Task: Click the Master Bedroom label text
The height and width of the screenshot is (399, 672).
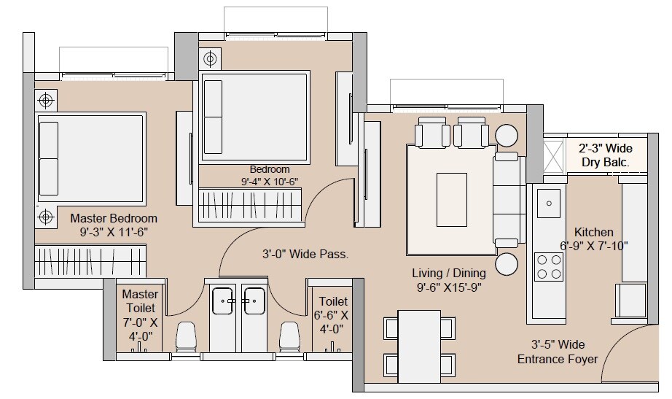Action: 114,218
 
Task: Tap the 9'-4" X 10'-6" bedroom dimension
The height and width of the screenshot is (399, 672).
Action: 270,182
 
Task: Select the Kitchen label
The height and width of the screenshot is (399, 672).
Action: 593,232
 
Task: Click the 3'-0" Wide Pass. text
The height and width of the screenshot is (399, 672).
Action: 305,255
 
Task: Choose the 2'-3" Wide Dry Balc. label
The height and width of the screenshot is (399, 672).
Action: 606,155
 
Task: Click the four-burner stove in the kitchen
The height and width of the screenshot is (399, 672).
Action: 548,266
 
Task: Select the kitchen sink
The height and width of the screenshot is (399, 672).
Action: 548,203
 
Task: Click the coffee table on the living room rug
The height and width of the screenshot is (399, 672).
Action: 451,199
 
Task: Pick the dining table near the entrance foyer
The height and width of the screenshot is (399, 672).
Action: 419,346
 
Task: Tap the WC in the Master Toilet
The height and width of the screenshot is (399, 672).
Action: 187,337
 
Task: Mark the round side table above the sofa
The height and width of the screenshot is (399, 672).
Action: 507,136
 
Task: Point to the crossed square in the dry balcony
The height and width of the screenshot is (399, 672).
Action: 555,155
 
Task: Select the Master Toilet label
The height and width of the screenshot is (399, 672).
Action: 140,301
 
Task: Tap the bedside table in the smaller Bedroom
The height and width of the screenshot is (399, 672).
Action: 210,58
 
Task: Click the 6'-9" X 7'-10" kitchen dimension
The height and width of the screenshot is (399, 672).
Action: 593,246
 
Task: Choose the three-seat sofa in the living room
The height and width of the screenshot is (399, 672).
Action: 507,199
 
